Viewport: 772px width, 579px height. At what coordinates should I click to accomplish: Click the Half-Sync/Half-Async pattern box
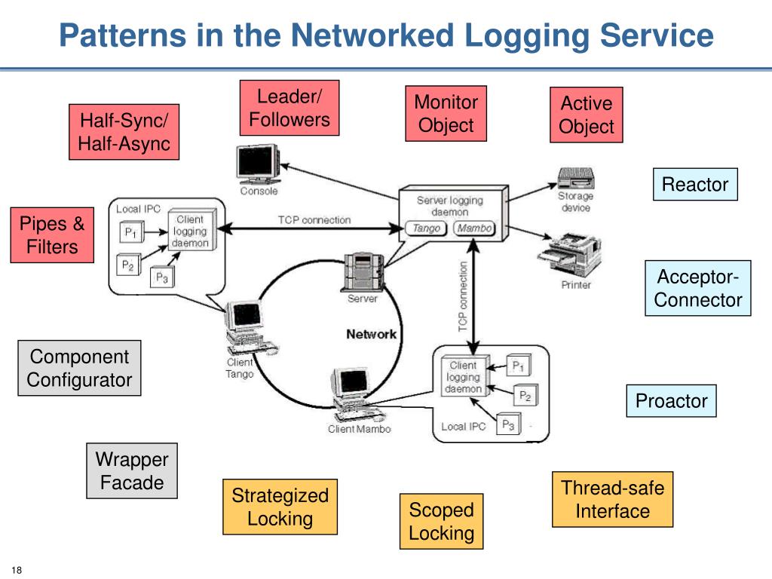pyautogui.click(x=124, y=132)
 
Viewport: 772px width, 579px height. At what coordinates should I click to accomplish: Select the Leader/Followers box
pyautogui.click(x=289, y=108)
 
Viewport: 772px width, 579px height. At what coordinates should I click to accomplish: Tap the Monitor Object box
pyautogui.click(x=446, y=114)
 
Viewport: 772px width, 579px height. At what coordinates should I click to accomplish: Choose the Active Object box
pyautogui.click(x=586, y=115)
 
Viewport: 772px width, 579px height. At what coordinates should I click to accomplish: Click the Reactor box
pyautogui.click(x=694, y=185)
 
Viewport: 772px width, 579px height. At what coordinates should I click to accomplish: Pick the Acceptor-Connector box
pyautogui.click(x=698, y=288)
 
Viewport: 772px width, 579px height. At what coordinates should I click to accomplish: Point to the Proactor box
pyautogui.click(x=671, y=401)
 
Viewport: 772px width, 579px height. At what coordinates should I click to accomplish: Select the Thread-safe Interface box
pyautogui.click(x=612, y=499)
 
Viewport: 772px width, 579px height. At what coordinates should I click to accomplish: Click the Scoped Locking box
pyautogui.click(x=441, y=522)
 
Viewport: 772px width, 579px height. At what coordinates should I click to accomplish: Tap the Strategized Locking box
pyautogui.click(x=280, y=507)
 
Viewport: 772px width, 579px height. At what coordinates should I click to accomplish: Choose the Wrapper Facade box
pyautogui.click(x=132, y=470)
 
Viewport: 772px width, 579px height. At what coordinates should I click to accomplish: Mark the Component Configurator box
pyautogui.click(x=79, y=368)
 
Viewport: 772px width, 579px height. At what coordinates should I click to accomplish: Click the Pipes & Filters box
pyautogui.click(x=52, y=235)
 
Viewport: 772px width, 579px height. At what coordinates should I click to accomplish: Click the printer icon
pyautogui.click(x=570, y=255)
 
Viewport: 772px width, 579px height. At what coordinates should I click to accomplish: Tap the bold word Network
pyautogui.click(x=371, y=334)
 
